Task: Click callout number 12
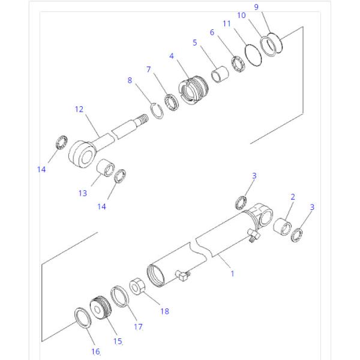[79, 109]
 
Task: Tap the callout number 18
[164, 311]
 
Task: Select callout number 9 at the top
[256, 7]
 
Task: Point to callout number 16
[95, 352]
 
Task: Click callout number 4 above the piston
[172, 56]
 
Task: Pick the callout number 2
[292, 197]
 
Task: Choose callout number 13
[82, 193]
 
